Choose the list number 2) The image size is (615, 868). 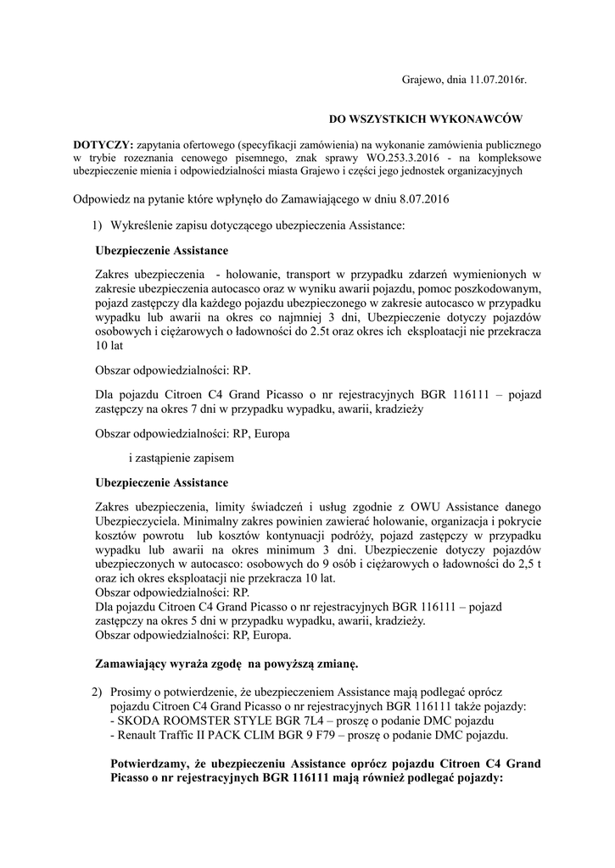click(97, 692)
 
